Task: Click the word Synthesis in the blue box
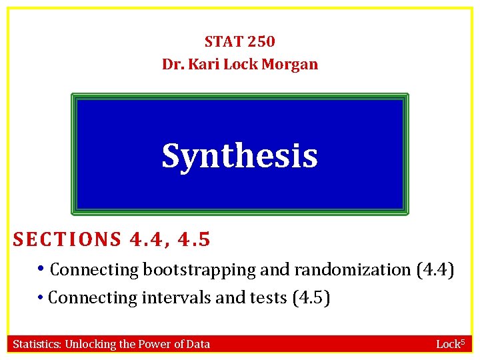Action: point(239,155)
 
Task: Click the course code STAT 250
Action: point(239,41)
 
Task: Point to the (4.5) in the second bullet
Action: point(311,297)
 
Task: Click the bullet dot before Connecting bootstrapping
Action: point(42,269)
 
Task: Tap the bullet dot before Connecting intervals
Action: point(42,297)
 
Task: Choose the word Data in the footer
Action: point(197,344)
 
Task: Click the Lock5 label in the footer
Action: point(452,344)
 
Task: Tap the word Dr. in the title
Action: point(173,65)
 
